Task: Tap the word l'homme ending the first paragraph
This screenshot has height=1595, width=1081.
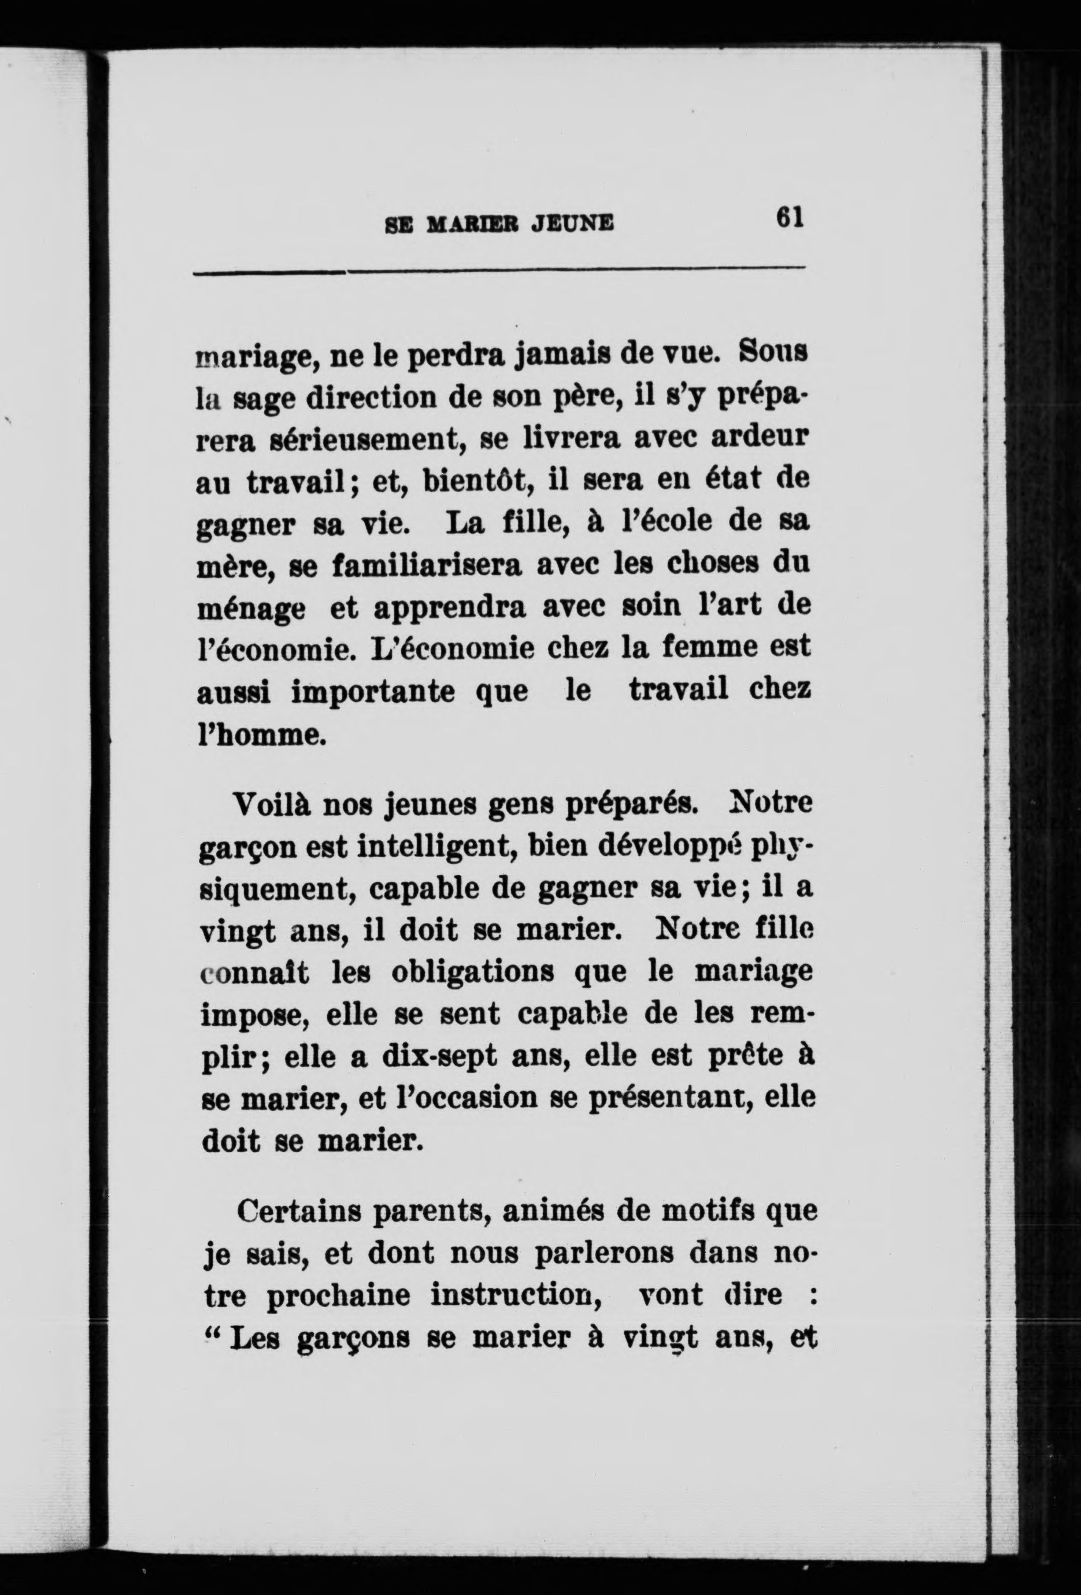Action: point(260,735)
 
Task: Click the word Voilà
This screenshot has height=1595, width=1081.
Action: point(272,804)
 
